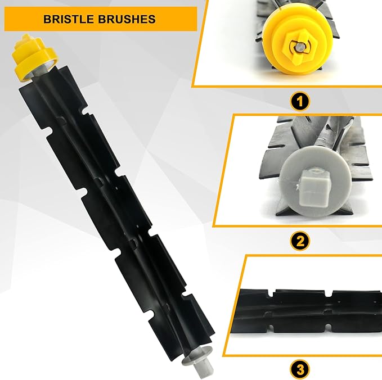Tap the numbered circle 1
pyautogui.click(x=300, y=101)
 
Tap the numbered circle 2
pyautogui.click(x=300, y=241)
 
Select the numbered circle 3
pyautogui.click(x=300, y=369)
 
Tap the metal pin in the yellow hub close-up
pyautogui.click(x=299, y=47)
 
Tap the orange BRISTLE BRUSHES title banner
pyautogui.click(x=101, y=19)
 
